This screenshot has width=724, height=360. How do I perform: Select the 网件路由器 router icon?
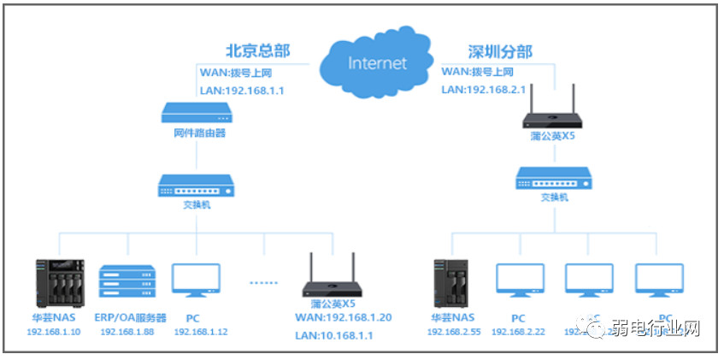[197, 112]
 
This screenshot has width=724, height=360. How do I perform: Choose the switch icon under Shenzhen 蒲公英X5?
[553, 177]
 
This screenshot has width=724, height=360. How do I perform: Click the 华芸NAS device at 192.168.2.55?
[451, 285]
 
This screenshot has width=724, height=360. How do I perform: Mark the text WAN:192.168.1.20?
[342, 317]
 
